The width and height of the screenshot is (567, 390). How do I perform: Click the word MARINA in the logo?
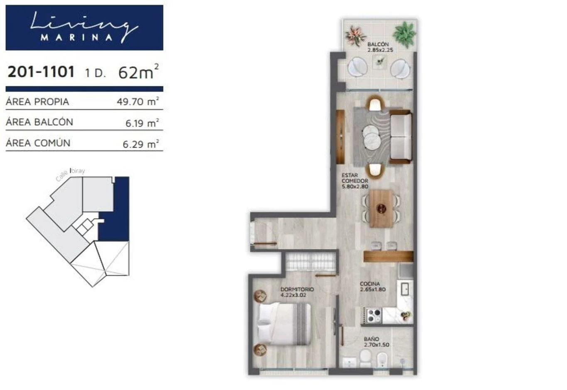pyautogui.click(x=76, y=38)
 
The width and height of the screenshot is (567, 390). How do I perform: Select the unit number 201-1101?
pyautogui.click(x=41, y=71)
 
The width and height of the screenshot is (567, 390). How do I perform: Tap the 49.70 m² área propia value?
pyautogui.click(x=138, y=101)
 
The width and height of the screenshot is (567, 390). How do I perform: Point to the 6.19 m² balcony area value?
pyautogui.click(x=142, y=123)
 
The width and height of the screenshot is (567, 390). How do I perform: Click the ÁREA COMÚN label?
pyautogui.click(x=38, y=143)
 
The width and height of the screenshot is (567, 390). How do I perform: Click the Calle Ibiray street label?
pyautogui.click(x=70, y=174)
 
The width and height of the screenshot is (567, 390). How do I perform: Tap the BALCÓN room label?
pyautogui.click(x=378, y=44)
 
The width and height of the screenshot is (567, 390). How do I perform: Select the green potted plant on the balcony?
pyautogui.click(x=404, y=34)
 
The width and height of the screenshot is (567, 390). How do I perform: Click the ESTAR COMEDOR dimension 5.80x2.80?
pyautogui.click(x=355, y=187)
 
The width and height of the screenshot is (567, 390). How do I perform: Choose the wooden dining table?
pyautogui.click(x=381, y=209)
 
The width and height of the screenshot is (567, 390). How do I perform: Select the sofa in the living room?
pyautogui.click(x=400, y=136)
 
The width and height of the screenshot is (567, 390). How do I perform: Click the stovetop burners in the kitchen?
pyautogui.click(x=374, y=316)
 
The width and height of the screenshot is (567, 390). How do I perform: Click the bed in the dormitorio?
pyautogui.click(x=284, y=324)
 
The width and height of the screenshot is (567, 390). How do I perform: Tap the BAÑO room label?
pyautogui.click(x=372, y=339)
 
